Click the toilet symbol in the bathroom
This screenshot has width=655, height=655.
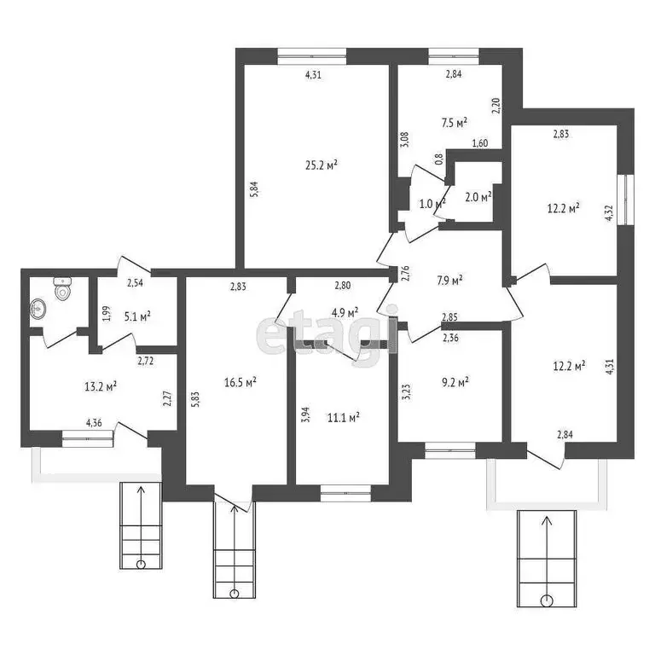pos(62,288)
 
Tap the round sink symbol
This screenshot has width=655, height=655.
pos(38,309)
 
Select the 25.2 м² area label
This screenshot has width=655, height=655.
pos(322,165)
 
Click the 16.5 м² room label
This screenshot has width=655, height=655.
pos(241,382)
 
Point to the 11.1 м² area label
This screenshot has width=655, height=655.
pos(344,417)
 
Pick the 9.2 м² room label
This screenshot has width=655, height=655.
pos(455,382)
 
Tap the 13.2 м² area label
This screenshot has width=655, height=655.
pos(101,386)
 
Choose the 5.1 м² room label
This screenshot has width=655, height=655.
pos(137,316)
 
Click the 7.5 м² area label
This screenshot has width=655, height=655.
pos(454,123)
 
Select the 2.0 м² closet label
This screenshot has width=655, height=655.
pos(478,196)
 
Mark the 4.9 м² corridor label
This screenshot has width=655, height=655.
pos(345,312)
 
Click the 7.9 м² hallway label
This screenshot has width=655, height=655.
pos(449,280)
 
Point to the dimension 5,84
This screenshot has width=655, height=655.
pos(254,188)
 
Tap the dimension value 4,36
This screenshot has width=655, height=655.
pos(94,423)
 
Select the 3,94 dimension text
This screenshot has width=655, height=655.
pos(305,414)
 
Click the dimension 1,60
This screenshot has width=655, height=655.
pos(480,143)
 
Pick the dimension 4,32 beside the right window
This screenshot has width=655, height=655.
pos(609,212)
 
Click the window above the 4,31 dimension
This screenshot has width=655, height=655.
pos(312,56)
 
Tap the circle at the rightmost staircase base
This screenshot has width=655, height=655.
pos(547,600)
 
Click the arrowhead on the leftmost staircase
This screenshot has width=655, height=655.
pos(141,490)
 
